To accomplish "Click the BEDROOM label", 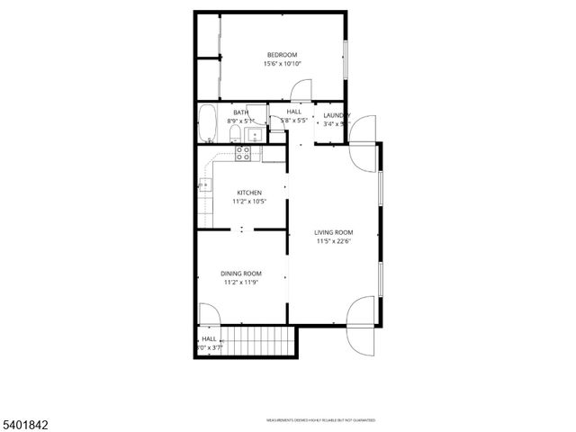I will [x=281, y=55].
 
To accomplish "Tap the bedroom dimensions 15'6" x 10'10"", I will [x=281, y=64].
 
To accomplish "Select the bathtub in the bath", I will [x=208, y=124].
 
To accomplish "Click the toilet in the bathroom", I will [x=235, y=135].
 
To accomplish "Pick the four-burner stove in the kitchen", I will [x=243, y=153].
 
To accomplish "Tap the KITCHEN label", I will [x=249, y=193].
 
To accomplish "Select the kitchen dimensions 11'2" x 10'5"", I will [x=249, y=202].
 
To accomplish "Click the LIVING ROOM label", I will [x=334, y=232].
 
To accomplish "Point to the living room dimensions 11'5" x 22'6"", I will [x=334, y=241].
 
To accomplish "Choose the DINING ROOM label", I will [x=241, y=274].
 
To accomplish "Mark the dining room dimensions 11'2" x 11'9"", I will [x=241, y=283].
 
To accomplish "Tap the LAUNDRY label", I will [x=337, y=114].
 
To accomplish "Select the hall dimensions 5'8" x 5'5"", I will [x=294, y=120].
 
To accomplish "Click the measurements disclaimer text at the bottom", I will [x=319, y=420].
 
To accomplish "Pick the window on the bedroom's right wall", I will [x=345, y=59].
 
